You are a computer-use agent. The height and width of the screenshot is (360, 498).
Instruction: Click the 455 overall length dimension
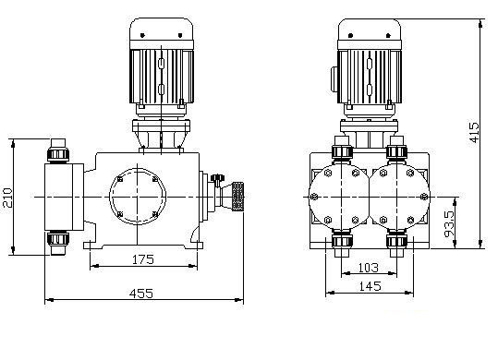(x=141, y=294)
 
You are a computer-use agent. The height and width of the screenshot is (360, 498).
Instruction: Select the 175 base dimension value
(x=143, y=259)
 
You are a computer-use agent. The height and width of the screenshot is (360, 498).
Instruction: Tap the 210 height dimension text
(x=7, y=198)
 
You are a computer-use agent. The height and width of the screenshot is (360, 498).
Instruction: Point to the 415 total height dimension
(x=473, y=132)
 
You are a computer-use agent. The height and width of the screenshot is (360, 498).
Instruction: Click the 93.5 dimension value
(x=449, y=224)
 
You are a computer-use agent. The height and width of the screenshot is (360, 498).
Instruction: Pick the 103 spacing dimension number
(x=369, y=268)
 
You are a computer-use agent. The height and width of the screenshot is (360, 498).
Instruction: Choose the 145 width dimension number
(x=370, y=286)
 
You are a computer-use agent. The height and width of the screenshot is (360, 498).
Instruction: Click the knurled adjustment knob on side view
(x=237, y=197)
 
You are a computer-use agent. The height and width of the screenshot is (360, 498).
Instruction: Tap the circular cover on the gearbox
(x=138, y=197)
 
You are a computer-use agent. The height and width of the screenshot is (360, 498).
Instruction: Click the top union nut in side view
(x=58, y=154)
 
